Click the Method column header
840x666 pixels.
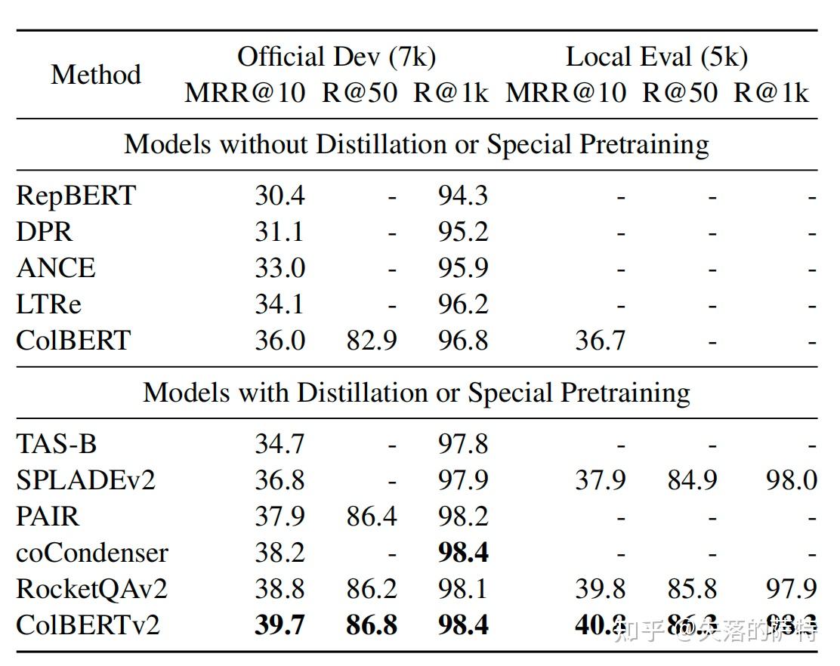[x=96, y=75]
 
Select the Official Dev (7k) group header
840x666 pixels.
[x=336, y=57]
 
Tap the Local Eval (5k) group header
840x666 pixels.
[x=656, y=57]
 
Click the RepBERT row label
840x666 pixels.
[x=76, y=196]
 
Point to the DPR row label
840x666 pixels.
[x=45, y=232]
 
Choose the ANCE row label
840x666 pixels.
[x=56, y=268]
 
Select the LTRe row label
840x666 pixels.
[x=48, y=304]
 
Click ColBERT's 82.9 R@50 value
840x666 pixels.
[x=372, y=341]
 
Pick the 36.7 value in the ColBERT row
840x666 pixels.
[x=600, y=341]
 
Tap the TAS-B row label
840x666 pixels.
[x=57, y=443]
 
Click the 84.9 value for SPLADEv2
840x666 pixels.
[x=692, y=479]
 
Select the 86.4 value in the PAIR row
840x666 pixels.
[x=372, y=516]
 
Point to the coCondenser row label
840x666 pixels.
[x=92, y=553]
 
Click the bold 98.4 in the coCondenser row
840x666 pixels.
[x=463, y=553]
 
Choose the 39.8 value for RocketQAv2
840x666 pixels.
[x=600, y=588]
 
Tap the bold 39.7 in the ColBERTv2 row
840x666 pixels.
[x=279, y=625]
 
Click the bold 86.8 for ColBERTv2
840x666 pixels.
[x=372, y=625]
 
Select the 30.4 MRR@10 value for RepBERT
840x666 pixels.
[x=279, y=196]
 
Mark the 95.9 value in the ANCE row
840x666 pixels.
[x=463, y=268]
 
